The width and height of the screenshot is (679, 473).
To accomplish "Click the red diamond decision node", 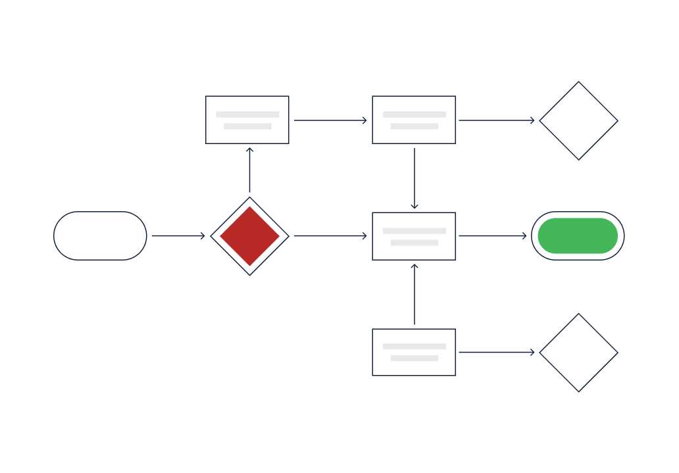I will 249,236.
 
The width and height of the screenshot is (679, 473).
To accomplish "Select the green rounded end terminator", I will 578,236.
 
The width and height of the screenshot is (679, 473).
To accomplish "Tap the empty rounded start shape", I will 100,236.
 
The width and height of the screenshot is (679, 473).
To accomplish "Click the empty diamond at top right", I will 578,120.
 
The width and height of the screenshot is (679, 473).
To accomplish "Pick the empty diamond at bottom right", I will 578,353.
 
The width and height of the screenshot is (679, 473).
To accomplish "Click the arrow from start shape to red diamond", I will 178,236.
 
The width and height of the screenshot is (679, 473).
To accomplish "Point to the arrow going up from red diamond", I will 249,170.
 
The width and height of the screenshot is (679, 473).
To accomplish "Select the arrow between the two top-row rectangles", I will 330,120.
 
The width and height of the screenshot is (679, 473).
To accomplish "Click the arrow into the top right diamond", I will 497,120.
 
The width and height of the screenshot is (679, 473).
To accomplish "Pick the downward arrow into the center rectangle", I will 414,178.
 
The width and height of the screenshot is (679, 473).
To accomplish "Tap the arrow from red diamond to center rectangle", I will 330,236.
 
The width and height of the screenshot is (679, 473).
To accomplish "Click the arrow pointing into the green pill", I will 493,236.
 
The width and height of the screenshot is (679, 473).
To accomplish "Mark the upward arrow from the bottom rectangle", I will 414,294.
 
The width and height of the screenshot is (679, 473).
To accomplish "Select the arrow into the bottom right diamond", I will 497,353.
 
